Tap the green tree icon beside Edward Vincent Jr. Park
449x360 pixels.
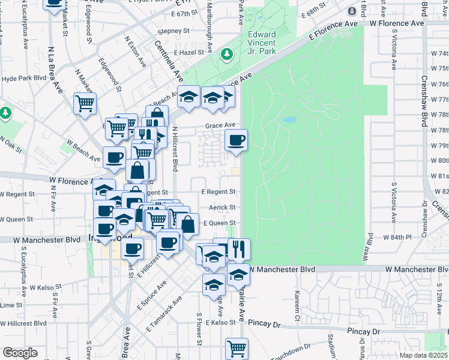click(228, 55)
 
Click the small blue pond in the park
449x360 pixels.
click(289, 120)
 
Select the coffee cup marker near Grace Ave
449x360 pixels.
click(236, 140)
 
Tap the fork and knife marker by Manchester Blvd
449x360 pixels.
click(239, 248)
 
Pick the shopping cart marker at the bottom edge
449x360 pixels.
click(237, 348)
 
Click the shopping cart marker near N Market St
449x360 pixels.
click(85, 103)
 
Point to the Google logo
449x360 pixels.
click(20, 353)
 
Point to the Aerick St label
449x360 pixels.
click(221, 207)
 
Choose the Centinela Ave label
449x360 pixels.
click(169, 61)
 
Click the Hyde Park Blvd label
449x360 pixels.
click(24, 78)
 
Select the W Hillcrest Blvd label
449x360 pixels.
click(23, 323)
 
